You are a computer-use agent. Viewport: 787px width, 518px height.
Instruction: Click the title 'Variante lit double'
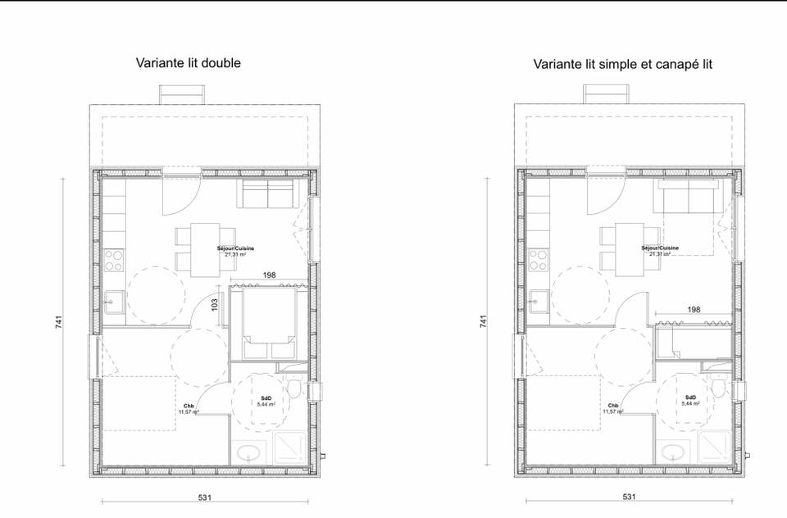click(x=189, y=63)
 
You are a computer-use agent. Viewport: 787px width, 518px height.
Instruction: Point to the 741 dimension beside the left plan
click(x=59, y=323)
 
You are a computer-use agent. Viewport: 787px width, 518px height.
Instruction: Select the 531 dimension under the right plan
click(x=629, y=497)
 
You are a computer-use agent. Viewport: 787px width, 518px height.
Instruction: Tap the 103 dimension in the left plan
click(x=215, y=304)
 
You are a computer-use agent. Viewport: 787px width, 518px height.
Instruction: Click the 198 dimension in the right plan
click(x=694, y=310)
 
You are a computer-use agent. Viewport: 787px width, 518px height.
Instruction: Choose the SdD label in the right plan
click(x=689, y=399)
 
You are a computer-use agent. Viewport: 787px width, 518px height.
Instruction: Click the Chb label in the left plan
click(x=189, y=406)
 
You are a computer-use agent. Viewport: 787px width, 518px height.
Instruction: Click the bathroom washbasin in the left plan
click(x=247, y=452)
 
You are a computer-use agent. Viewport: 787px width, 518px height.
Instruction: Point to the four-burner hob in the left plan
click(x=113, y=260)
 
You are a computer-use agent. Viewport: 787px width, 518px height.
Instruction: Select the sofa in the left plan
click(x=266, y=195)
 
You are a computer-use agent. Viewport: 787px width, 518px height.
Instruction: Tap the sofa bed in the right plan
click(x=689, y=196)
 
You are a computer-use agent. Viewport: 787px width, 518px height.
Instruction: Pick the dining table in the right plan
click(x=630, y=248)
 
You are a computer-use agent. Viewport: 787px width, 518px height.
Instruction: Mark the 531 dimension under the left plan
click(x=205, y=497)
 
